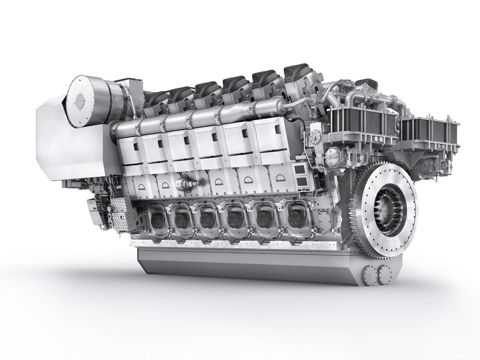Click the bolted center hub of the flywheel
click(x=389, y=210)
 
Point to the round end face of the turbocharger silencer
click(x=80, y=102)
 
